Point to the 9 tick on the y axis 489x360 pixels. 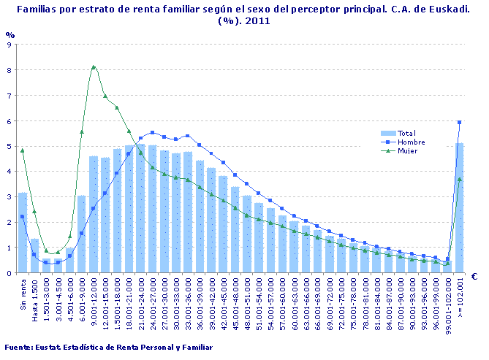click(8, 45)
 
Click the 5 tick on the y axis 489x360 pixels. click(8, 146)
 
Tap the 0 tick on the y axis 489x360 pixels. click(8, 273)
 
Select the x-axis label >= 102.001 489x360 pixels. click(460, 296)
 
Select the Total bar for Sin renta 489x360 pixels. click(23, 234)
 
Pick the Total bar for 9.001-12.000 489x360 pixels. click(94, 215)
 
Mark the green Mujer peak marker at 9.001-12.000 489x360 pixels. click(94, 67)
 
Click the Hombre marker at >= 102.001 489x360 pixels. click(460, 122)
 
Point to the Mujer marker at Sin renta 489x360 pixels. click(23, 150)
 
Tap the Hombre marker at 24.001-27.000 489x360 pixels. click(153, 133)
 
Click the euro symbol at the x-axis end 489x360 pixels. click(474, 277)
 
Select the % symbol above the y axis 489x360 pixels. click(10, 34)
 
